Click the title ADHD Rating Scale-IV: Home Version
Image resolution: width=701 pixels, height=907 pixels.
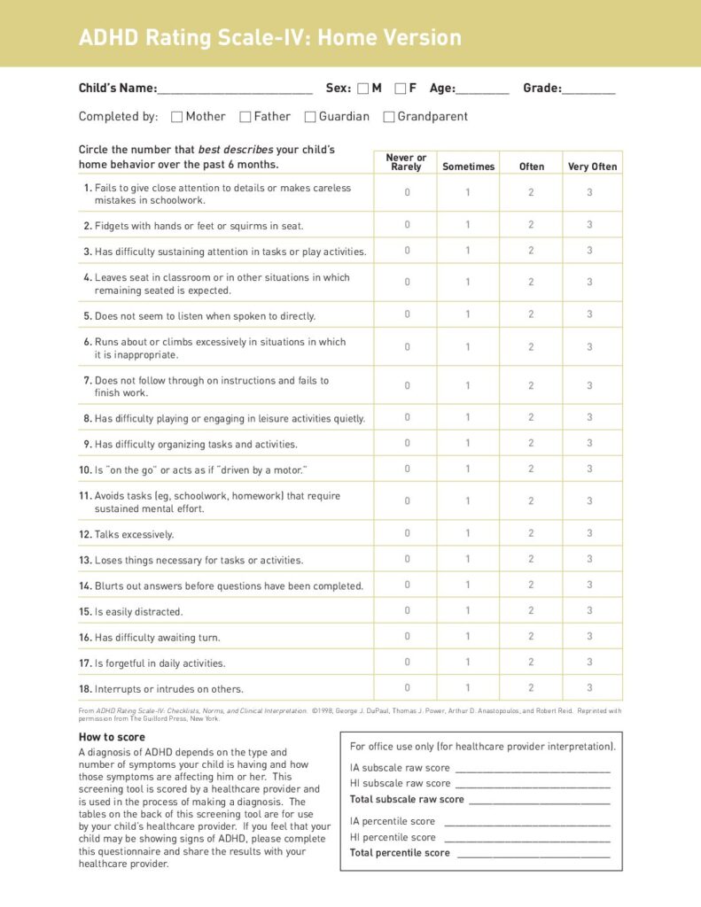(269, 38)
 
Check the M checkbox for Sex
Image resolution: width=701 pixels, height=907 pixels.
(362, 89)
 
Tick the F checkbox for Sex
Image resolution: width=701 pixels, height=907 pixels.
(400, 89)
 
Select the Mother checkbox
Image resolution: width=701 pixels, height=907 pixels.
(176, 117)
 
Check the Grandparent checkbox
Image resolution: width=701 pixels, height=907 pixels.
(388, 117)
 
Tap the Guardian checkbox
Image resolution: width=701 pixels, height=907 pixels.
(310, 117)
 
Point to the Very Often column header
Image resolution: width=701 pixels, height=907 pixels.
(592, 167)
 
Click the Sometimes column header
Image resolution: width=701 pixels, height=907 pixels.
(468, 167)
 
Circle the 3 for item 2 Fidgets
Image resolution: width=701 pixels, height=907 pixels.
(589, 225)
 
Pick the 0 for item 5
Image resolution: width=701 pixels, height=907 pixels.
(407, 314)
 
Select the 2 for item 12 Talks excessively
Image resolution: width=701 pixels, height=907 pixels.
(531, 533)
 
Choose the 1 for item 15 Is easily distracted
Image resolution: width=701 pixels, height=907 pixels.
(468, 610)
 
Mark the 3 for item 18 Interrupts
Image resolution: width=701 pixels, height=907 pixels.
(589, 687)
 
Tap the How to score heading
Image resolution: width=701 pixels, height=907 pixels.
(112, 737)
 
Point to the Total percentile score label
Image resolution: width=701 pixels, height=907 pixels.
(400, 853)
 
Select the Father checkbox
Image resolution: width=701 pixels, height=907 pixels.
(245, 117)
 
